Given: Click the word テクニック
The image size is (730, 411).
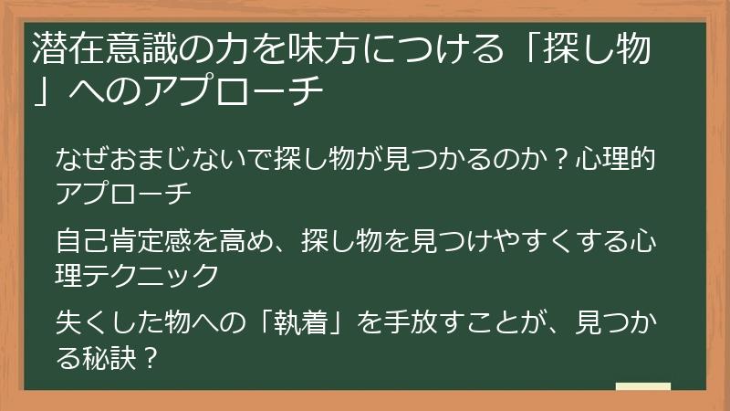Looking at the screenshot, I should [151, 273].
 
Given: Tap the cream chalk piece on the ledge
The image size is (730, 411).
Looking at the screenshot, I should [642, 386].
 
